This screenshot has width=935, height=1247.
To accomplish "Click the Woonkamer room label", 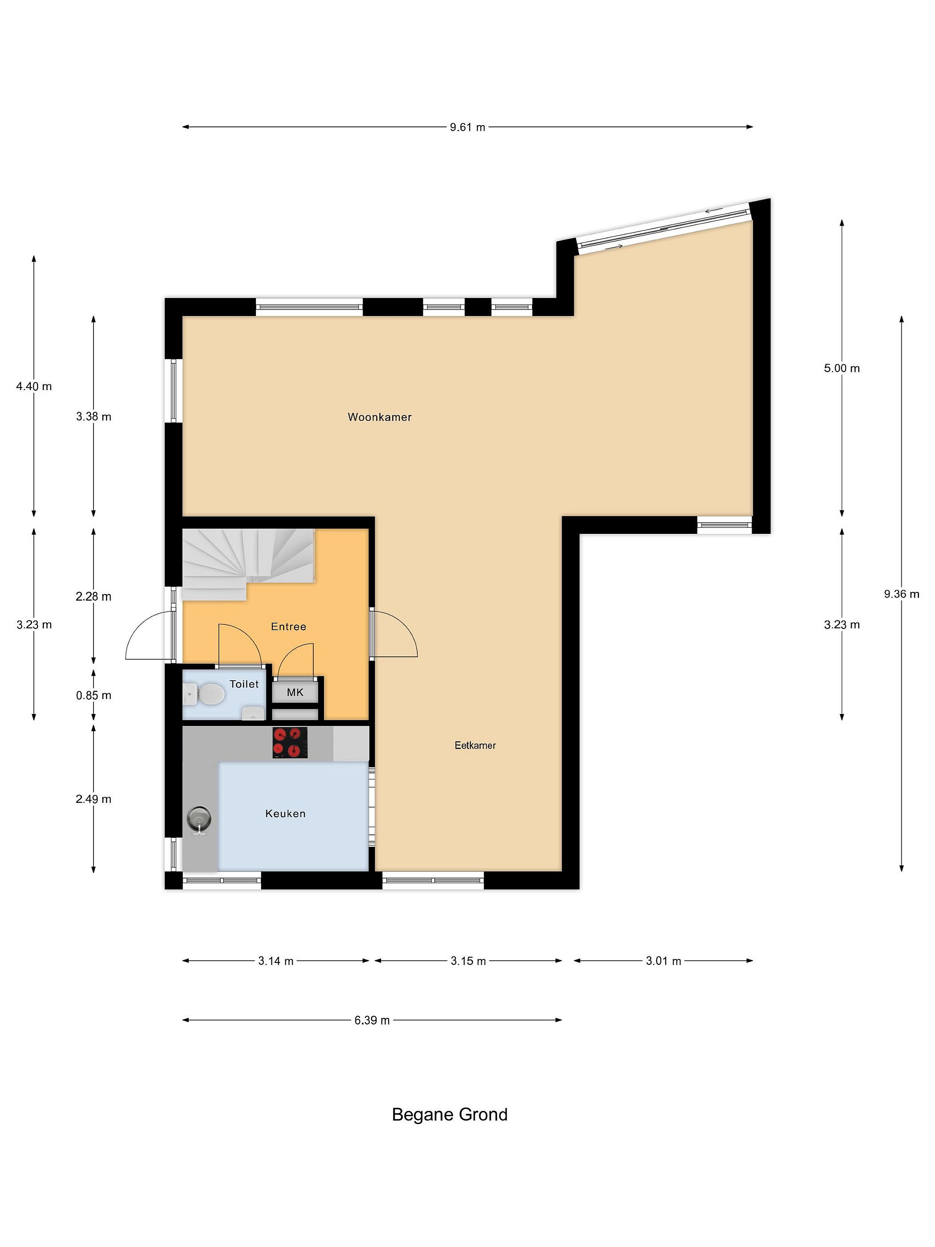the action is [379, 417].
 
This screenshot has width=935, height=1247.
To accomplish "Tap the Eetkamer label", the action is [475, 745].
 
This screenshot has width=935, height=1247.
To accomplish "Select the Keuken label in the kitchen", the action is [285, 814].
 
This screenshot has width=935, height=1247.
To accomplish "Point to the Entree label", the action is [289, 627].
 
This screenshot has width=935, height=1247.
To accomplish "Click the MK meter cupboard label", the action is [295, 692].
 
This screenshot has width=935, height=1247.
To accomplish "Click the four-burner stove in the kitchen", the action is [290, 743].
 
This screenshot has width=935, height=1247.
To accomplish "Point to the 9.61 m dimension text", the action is [467, 127].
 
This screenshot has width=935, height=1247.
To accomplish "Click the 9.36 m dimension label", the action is [902, 594].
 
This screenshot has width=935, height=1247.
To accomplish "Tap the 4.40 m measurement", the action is [34, 386].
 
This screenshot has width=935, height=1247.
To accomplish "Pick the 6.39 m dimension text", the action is [372, 1021].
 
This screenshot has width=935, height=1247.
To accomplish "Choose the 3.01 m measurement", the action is [663, 961].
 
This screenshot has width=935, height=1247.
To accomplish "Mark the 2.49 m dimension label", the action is [93, 799].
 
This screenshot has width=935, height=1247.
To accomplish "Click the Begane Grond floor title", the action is [450, 1115].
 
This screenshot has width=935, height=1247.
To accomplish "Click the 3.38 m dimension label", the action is [93, 417].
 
